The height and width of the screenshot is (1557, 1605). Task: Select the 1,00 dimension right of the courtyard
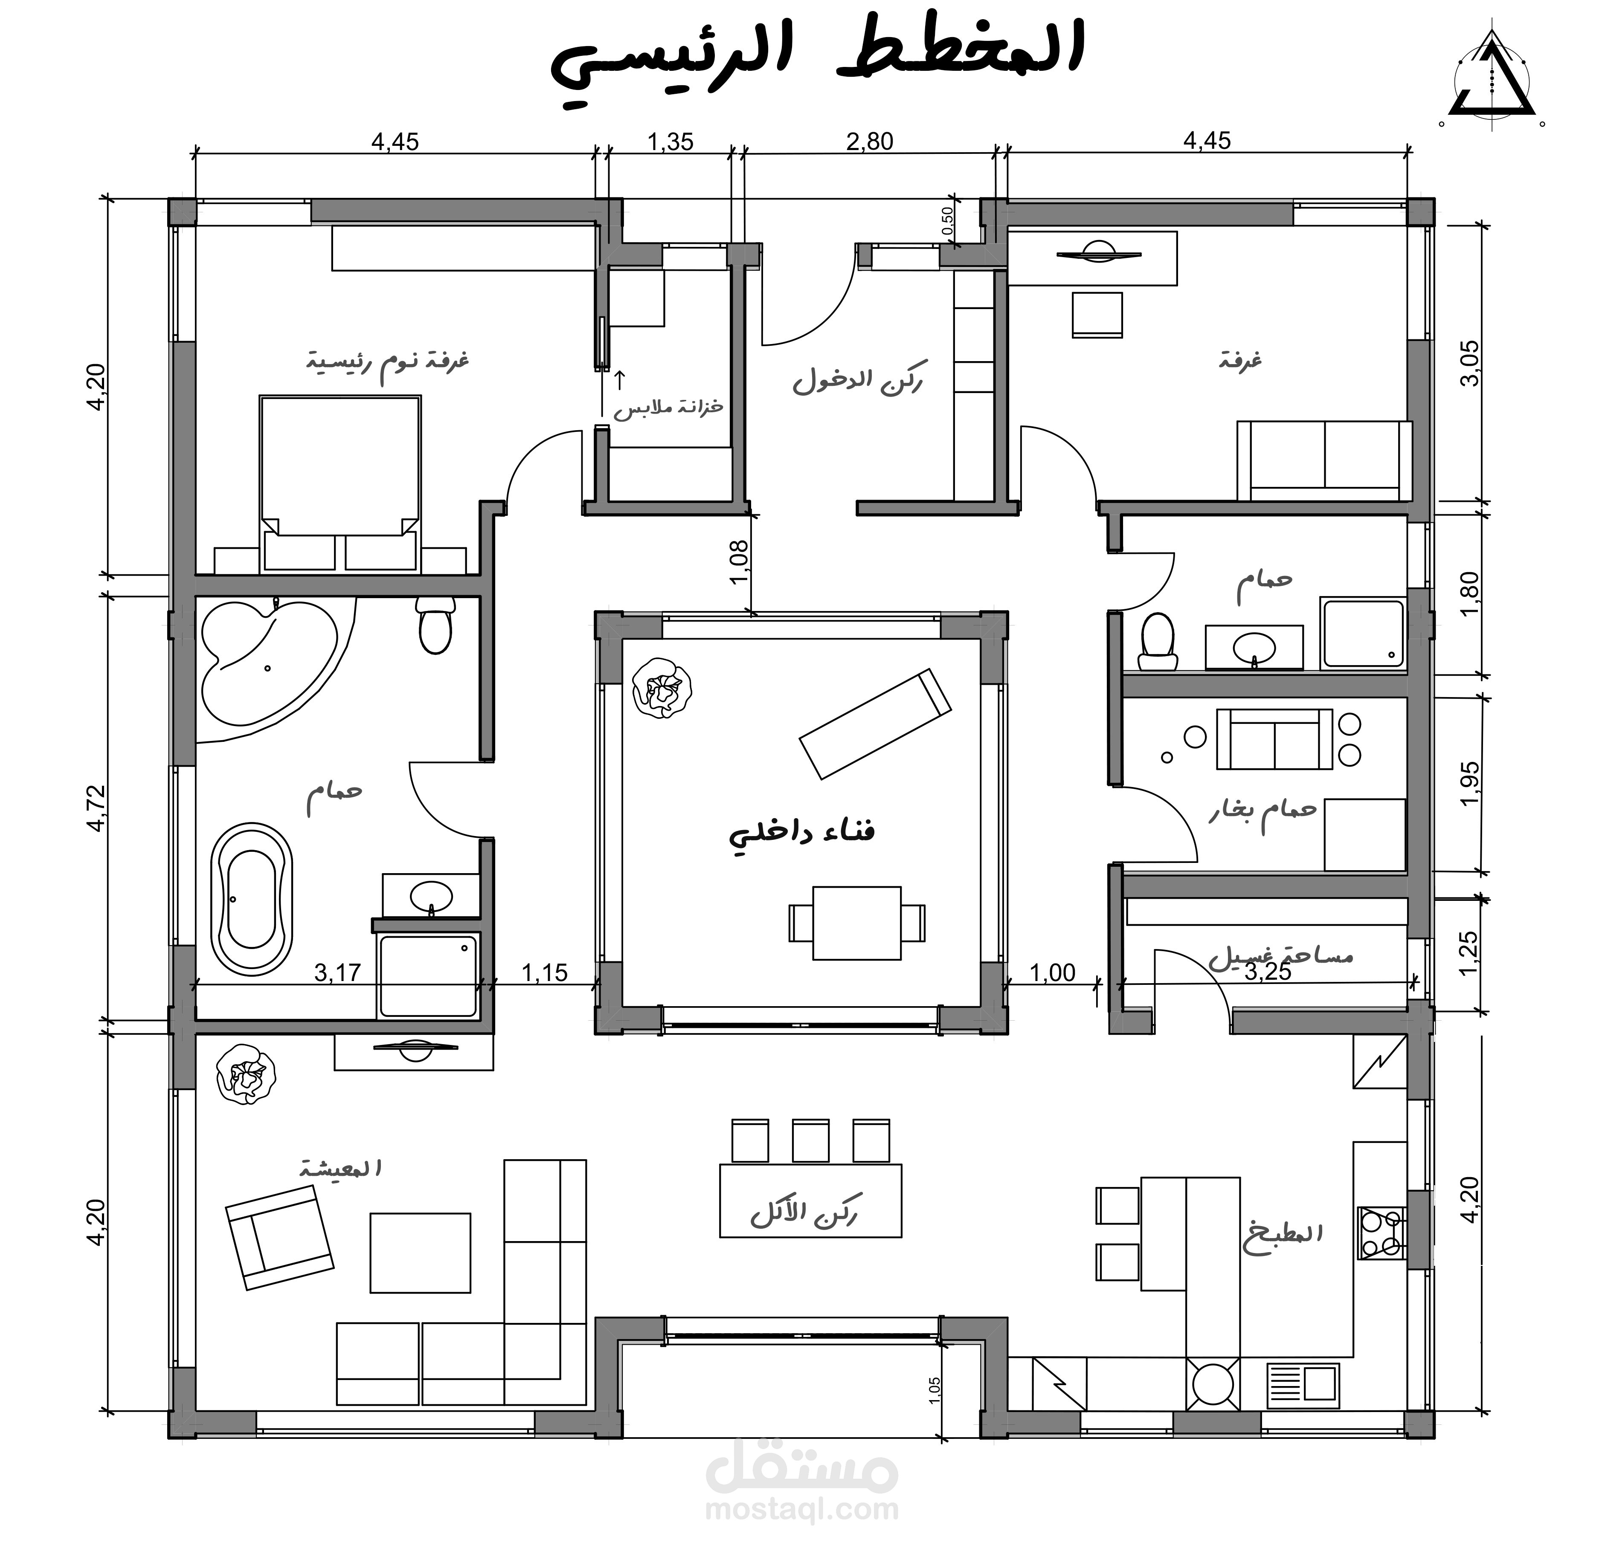[x=1051, y=972]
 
